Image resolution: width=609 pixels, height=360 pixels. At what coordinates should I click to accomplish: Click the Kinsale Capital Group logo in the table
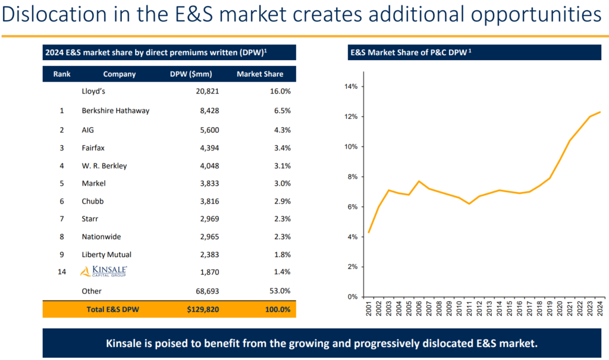pos(103,272)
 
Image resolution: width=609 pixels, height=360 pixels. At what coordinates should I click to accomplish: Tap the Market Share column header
pos(260,74)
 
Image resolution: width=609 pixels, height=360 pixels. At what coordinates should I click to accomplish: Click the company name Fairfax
pos(93,147)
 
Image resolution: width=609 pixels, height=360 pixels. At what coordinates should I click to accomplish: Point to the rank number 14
pos(61,272)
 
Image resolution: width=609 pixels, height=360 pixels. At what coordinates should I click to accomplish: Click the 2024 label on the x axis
pos(601,311)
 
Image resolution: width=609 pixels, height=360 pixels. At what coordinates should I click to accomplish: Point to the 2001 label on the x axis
pos(369,311)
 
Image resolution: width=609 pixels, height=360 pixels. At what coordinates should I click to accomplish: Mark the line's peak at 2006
pos(419,181)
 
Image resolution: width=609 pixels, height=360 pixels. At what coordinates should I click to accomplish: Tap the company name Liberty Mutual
pos(106,255)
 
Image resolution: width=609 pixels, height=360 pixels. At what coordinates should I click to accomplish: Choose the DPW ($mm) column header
pos(191,74)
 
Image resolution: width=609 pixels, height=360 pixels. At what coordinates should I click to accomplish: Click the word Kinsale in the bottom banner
pos(128,344)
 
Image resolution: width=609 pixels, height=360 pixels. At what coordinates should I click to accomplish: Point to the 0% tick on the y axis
pos(351,297)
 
